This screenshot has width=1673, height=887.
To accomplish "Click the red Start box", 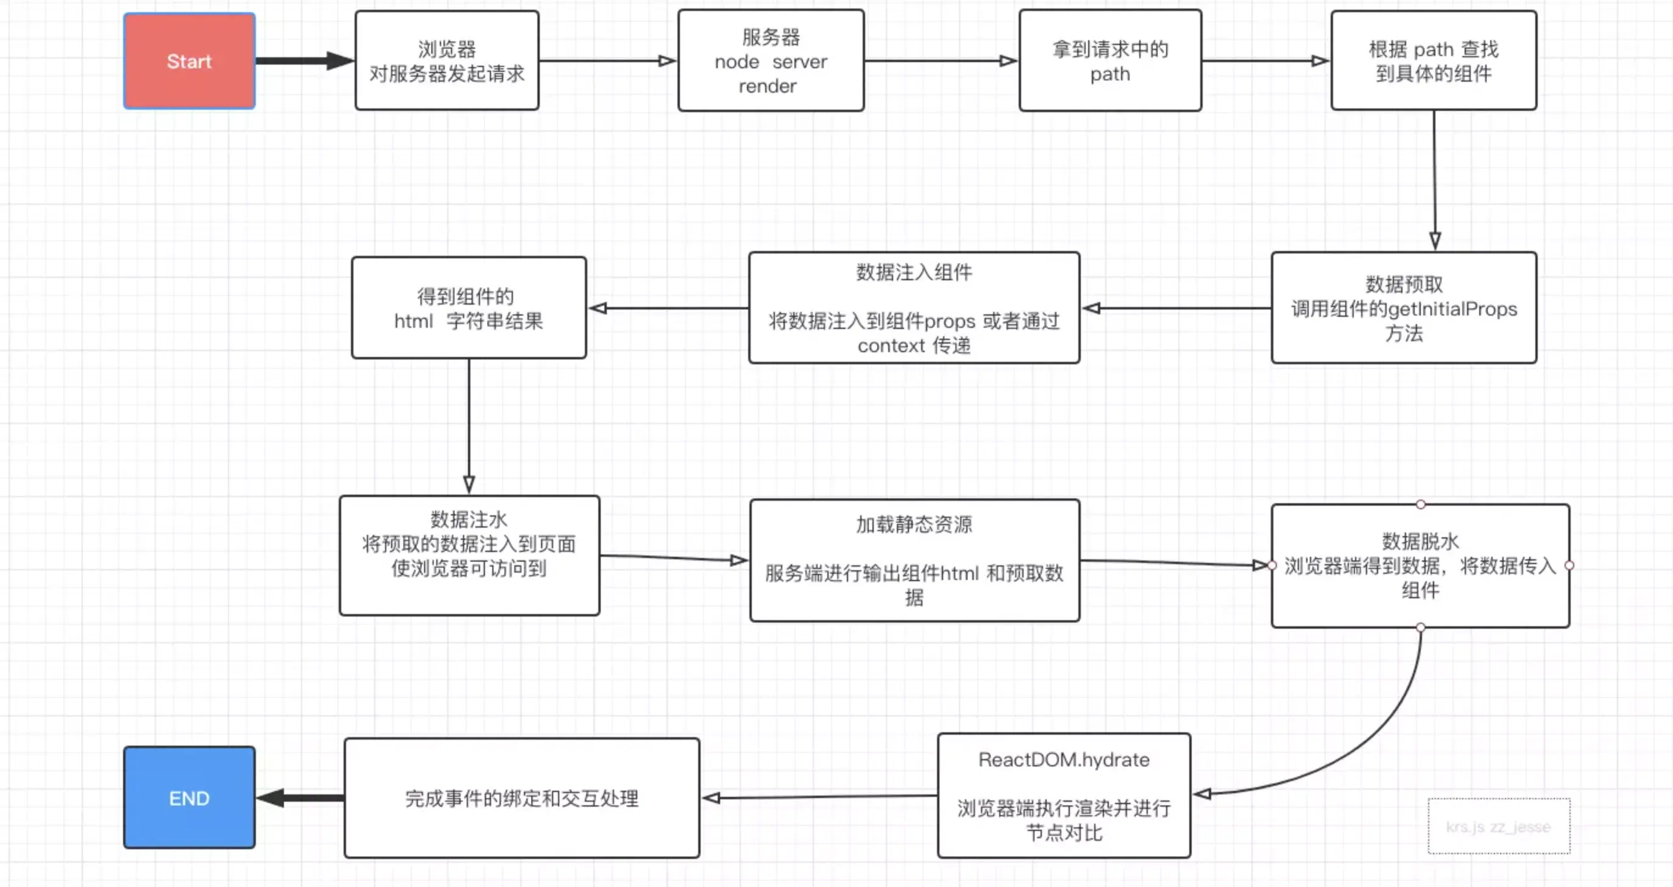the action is click(189, 61).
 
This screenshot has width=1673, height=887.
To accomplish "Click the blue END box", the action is click(189, 797).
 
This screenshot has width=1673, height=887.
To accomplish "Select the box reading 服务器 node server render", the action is click(771, 60).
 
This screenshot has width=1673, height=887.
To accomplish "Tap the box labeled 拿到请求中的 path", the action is click(1110, 60).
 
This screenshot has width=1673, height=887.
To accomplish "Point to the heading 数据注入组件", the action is click(914, 272).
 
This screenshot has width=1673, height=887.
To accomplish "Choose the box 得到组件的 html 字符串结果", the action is click(469, 308).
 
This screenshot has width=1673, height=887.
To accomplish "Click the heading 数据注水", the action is click(469, 520).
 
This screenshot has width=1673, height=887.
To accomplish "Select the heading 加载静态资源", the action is click(914, 524).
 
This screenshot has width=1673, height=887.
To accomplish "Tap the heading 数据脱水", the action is click(1420, 541).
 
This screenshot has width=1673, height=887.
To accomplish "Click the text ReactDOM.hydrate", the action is click(1064, 760).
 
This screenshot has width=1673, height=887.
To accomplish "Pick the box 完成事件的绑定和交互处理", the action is click(522, 797).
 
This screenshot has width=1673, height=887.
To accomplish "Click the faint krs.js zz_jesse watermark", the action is click(1498, 827).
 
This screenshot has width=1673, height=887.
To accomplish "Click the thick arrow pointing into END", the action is click(300, 797).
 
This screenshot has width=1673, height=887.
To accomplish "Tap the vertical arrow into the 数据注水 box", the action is click(469, 426).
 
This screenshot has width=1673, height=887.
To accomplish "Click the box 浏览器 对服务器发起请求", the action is click(447, 60).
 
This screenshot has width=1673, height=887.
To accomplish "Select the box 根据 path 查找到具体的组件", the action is click(1434, 60).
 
